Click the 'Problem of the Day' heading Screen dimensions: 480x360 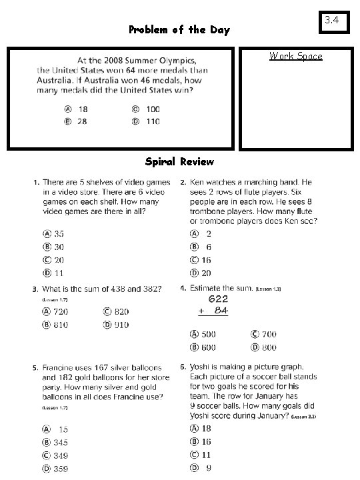coord(179,30)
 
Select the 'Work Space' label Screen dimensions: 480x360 coord(295,56)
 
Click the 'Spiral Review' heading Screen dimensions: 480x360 coord(179,161)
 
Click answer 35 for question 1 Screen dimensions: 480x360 coord(54,233)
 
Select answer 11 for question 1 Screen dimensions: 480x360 coord(54,272)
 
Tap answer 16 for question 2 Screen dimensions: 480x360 coord(201,260)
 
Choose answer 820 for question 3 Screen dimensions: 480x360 coord(115,311)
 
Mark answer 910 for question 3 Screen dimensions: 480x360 coord(115,325)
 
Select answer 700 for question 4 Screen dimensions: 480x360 coord(263,334)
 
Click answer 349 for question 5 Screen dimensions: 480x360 coord(55,455)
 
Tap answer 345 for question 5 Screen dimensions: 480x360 coord(55,442)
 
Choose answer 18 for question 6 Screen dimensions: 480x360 coord(201,428)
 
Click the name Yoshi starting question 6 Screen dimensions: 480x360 coord(201,367)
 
